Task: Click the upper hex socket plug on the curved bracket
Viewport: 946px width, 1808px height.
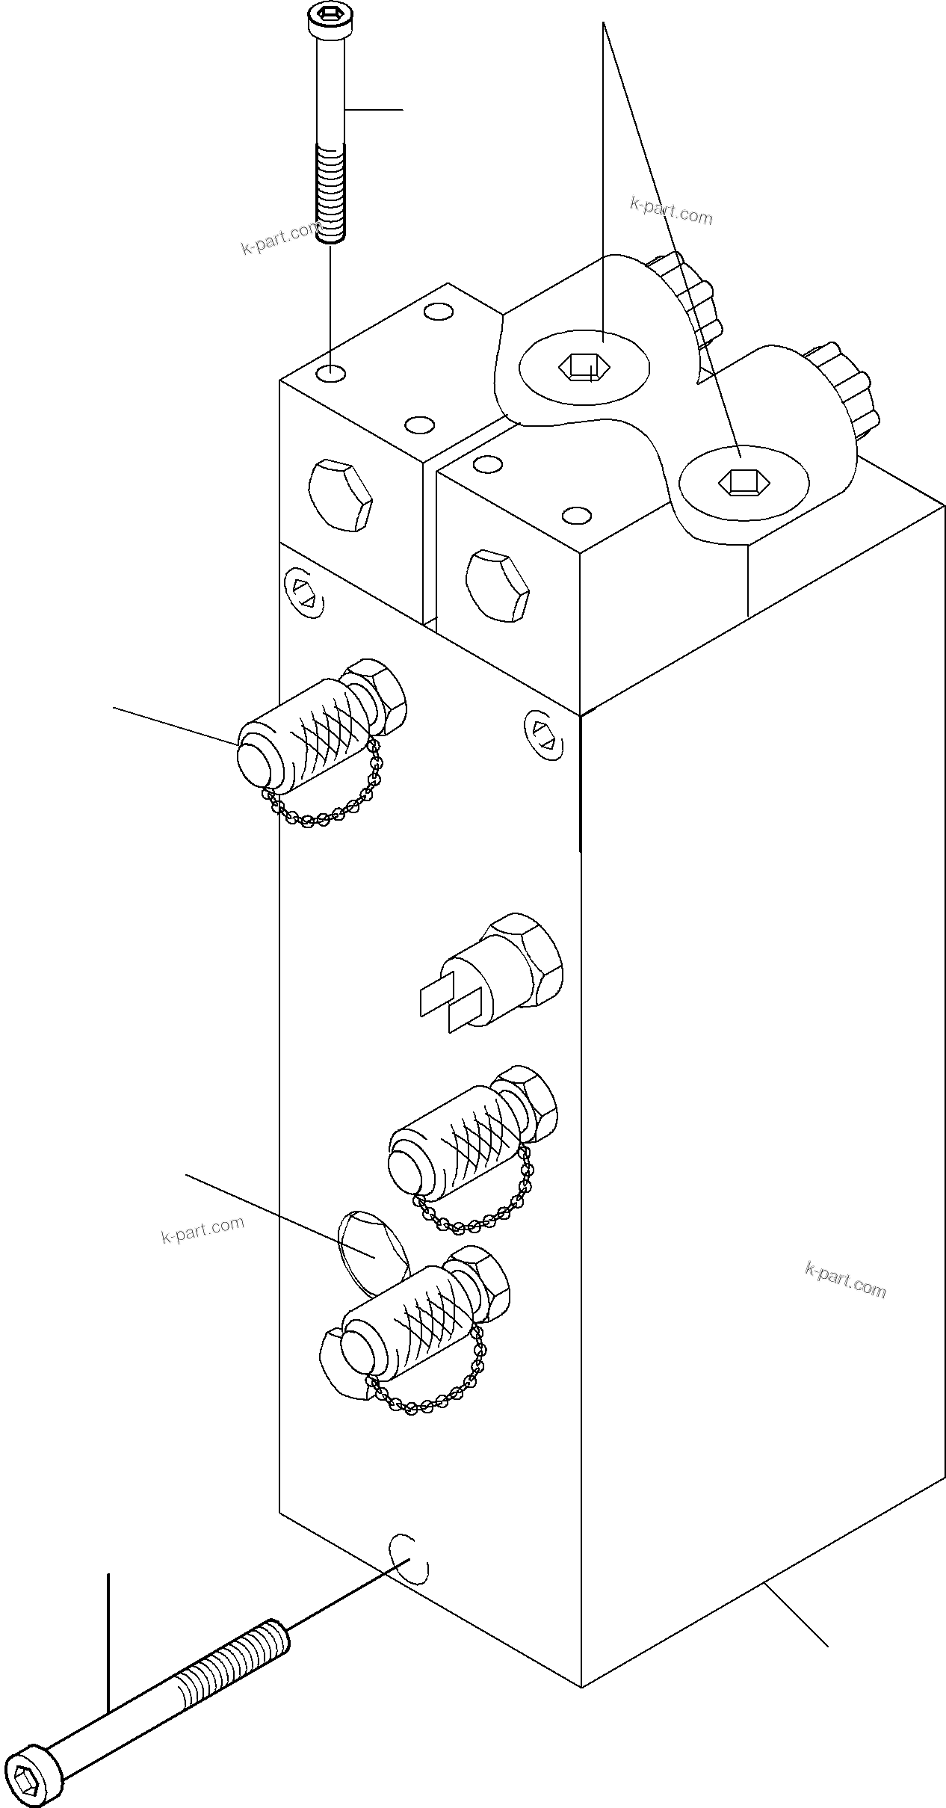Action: pyautogui.click(x=584, y=367)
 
